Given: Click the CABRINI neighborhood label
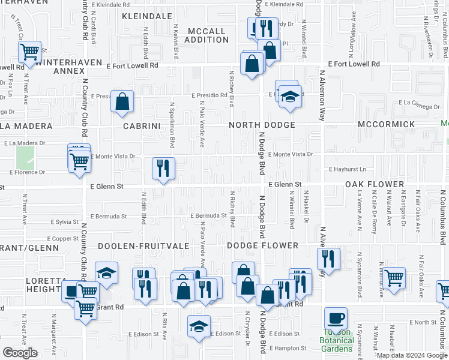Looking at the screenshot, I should [140, 126].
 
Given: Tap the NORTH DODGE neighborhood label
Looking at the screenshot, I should [261, 125].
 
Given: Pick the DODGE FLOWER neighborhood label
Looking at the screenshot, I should [263, 245].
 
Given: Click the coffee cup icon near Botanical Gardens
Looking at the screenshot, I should [336, 319].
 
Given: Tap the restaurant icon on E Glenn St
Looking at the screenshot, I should [163, 169].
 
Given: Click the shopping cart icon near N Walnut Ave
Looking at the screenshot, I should [394, 278].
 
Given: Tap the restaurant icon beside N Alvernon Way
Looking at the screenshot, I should [328, 259].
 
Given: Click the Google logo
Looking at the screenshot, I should [20, 353].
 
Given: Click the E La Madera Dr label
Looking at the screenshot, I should [24, 143].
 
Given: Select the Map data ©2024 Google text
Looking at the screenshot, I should [412, 355].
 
